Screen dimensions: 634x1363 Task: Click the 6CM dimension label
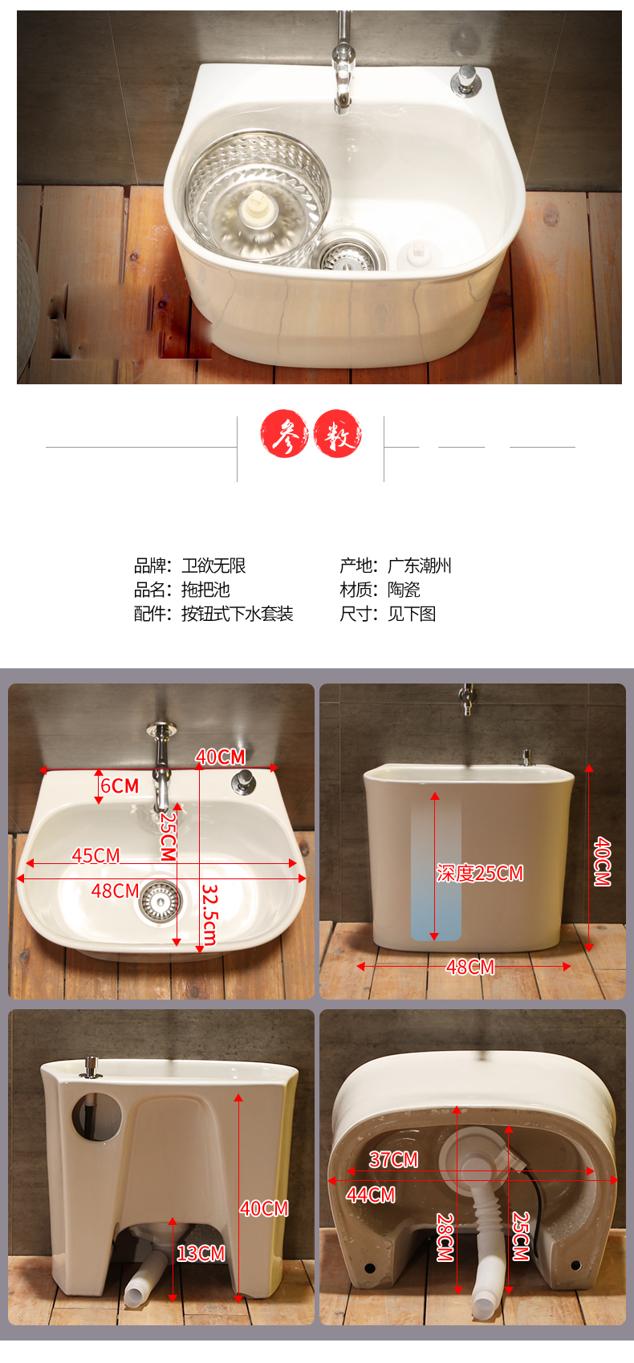120,785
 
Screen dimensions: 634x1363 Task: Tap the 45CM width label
96,855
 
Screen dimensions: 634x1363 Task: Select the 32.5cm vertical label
209,915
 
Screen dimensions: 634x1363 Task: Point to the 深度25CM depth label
479,873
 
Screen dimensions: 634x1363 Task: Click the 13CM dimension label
201,1253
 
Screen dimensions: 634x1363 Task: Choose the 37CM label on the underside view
393,1159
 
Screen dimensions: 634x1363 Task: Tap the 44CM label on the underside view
371,1195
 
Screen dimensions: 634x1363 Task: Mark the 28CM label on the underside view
445,1237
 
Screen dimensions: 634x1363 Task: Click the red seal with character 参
284,433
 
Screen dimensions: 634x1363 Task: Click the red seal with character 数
338,433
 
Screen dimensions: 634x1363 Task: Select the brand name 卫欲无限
213,566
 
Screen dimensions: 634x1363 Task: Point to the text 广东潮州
419,566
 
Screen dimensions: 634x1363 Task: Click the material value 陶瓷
404,590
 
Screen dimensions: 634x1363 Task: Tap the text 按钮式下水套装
238,614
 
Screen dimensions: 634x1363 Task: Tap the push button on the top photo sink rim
467,80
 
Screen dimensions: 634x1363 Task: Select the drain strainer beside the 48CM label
160,901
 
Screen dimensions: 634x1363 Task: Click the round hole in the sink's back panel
97,1117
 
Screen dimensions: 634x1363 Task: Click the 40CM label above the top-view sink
220,757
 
